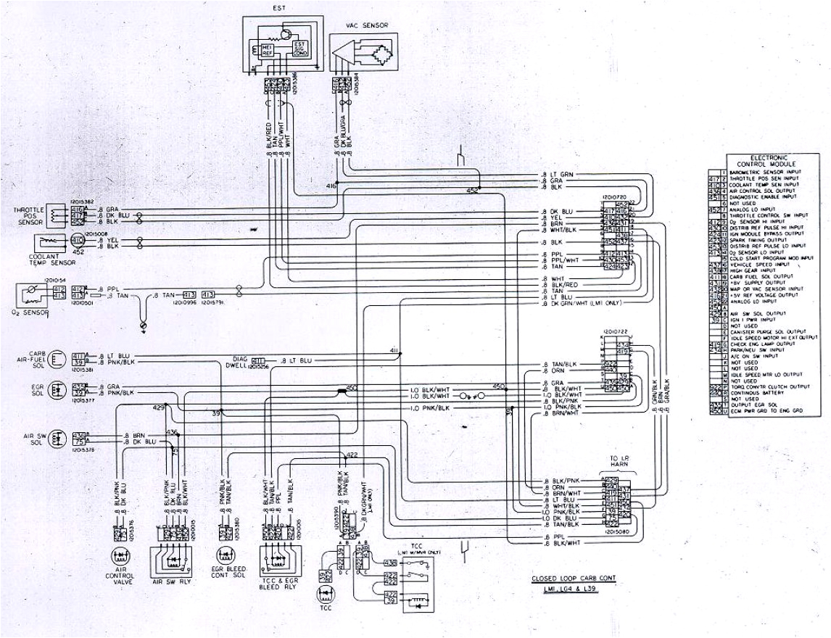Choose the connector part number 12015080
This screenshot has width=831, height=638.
615,532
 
